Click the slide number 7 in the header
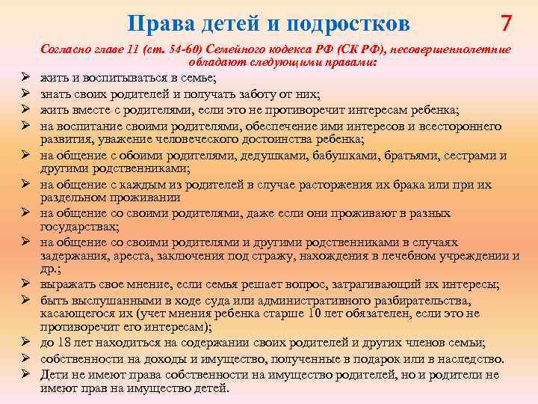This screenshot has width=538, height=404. pos(507,23)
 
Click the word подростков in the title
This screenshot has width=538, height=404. pos(351,24)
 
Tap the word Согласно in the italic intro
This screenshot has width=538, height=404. pos(67,49)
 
